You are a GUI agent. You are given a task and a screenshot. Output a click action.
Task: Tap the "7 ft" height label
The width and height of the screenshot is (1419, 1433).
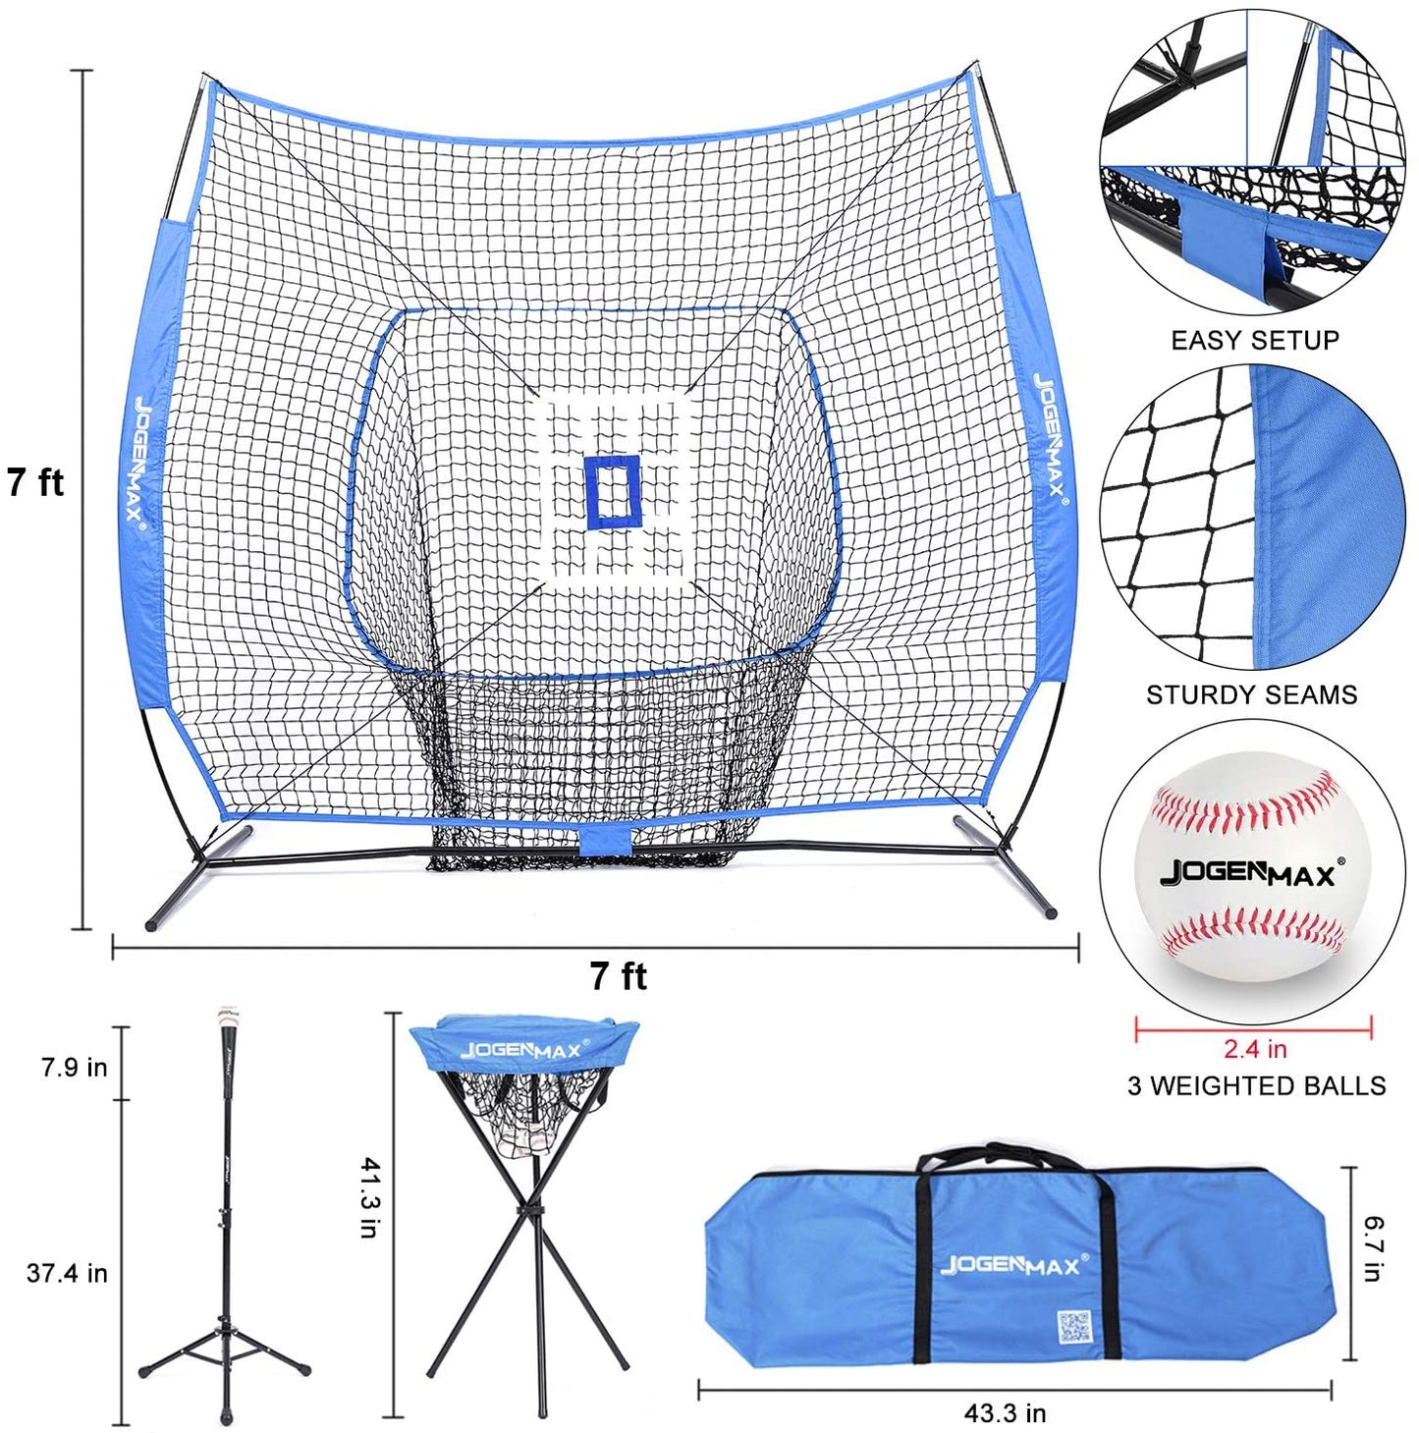coord(35,482)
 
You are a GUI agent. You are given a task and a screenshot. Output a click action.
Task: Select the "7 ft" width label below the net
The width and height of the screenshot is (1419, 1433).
coord(618,976)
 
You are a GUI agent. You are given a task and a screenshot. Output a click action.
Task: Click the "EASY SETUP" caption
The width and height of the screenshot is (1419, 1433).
coord(1255,341)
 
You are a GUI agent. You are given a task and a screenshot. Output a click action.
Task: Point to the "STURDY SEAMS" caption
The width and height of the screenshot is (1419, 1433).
coord(1251,695)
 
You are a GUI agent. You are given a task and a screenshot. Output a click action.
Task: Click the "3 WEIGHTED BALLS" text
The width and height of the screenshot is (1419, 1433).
coord(1256,1085)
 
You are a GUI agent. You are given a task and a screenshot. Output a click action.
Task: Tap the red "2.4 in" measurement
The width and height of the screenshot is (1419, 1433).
coord(1254,1049)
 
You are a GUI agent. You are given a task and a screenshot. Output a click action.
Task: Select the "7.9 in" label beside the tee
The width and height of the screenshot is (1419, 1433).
coord(75,1067)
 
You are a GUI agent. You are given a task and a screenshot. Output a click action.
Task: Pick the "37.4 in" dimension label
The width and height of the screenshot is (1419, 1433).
coord(67,1273)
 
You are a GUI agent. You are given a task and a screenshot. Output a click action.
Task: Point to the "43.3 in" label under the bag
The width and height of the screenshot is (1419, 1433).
coord(1005,1412)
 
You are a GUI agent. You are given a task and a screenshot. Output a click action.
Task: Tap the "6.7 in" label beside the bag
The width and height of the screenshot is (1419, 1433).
coord(1374,1248)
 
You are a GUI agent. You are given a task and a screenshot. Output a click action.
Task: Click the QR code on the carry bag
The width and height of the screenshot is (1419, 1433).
coord(1073,1327)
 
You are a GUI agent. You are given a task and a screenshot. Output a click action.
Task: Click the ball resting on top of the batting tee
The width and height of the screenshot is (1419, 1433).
coord(228,1013)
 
